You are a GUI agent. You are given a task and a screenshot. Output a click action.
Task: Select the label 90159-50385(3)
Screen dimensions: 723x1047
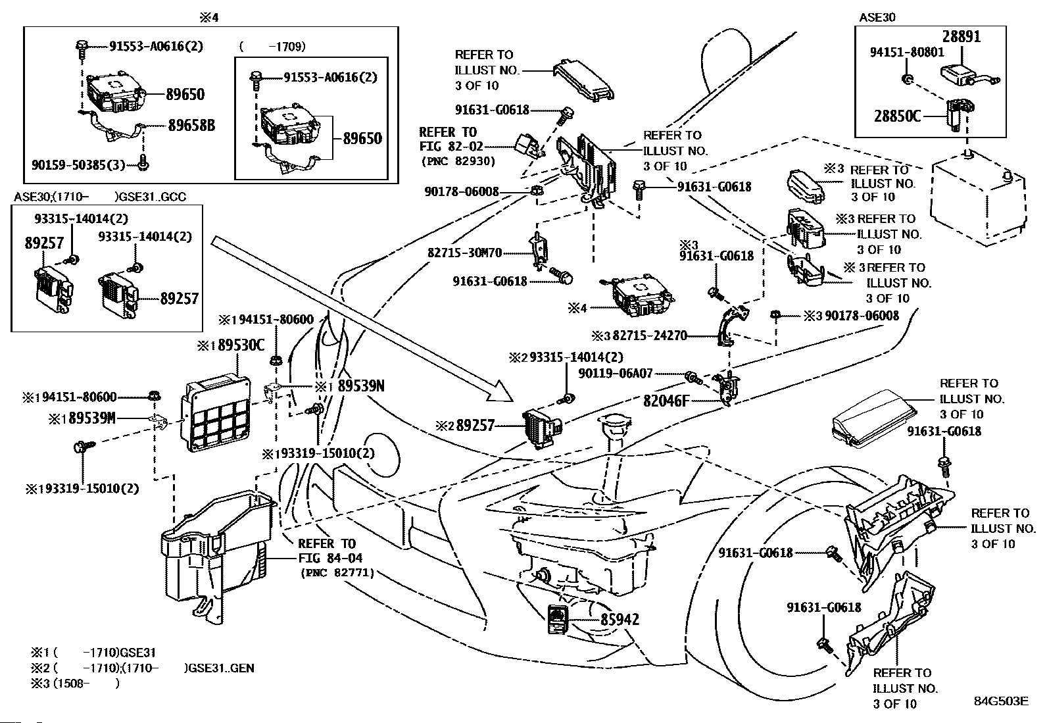(78, 164)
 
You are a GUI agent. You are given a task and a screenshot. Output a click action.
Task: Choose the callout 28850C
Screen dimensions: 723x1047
(897, 116)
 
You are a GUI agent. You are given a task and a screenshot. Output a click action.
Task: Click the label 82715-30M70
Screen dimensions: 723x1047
(464, 252)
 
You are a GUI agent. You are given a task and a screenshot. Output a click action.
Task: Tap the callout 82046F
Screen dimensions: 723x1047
(666, 399)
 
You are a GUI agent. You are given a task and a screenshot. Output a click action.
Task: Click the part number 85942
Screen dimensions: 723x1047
(619, 620)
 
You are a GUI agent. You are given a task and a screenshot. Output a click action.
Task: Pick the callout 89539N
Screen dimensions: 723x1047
(360, 386)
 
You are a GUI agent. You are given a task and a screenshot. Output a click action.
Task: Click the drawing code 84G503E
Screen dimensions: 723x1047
(1001, 701)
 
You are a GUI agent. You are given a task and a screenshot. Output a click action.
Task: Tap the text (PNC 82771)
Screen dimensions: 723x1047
(337, 573)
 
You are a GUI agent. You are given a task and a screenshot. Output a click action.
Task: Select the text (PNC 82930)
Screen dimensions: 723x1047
(458, 161)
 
